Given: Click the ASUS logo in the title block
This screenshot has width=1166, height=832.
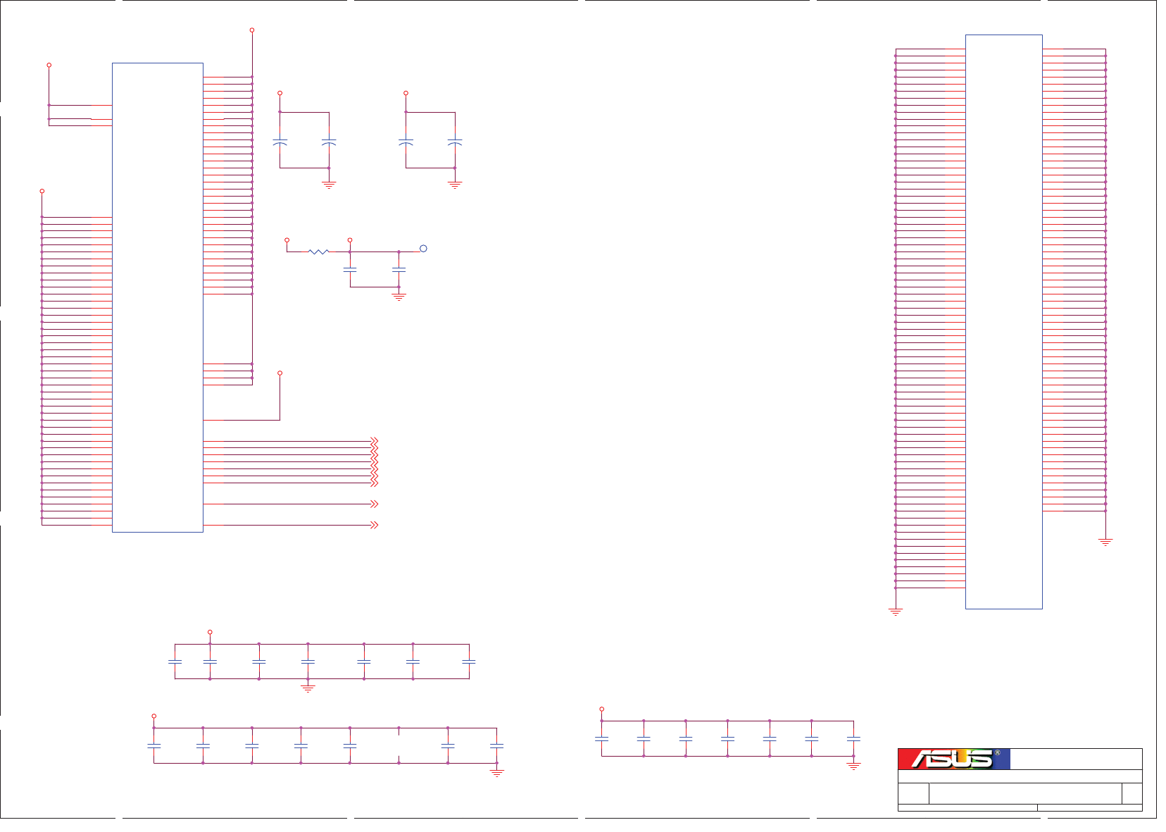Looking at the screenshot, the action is point(953,759).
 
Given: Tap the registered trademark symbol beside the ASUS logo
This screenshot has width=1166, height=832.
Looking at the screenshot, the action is point(997,752).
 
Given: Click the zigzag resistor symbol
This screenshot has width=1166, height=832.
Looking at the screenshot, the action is point(318,251).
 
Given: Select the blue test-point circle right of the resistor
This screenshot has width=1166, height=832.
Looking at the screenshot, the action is point(423,249).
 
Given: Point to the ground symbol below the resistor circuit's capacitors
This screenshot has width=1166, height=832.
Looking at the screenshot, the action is point(399,297).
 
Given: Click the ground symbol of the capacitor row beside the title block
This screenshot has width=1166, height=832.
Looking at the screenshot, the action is point(853,766).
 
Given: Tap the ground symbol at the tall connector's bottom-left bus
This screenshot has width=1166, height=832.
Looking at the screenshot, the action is point(896,611).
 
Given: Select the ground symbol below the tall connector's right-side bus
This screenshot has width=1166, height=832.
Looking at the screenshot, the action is point(1105,542).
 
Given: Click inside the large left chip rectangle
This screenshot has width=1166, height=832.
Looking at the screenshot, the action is point(158,296).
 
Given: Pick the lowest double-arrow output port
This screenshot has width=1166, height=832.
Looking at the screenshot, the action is point(375,525).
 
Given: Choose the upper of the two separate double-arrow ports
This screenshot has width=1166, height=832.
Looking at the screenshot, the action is point(375,504).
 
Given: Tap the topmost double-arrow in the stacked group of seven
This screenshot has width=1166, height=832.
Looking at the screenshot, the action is point(375,441).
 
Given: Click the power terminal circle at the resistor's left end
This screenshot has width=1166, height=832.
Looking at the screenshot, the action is point(287,240).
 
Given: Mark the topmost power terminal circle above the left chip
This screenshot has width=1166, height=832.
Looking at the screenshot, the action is point(252,30).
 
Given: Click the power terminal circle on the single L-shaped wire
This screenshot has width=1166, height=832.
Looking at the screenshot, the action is point(280,373).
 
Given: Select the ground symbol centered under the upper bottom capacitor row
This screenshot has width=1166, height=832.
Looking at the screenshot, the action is point(308,688).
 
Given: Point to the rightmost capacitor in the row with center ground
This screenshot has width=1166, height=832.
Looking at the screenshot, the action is point(469,662).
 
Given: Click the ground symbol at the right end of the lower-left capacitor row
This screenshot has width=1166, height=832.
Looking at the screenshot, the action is point(497,773).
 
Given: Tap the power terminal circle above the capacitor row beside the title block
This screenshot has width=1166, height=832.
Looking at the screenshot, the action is point(601,709).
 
